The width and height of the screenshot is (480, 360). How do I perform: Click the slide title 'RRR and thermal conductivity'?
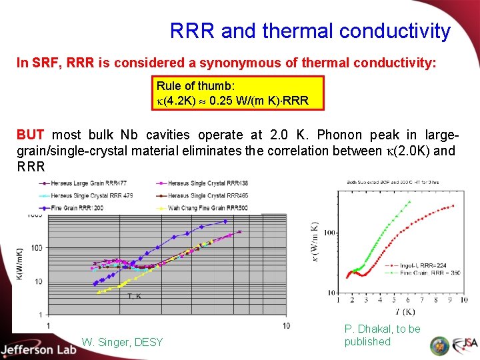tap(310, 31)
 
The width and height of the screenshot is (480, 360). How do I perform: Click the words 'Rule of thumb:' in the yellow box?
tap(195, 86)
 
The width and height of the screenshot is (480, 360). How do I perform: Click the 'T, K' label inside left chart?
tap(134, 297)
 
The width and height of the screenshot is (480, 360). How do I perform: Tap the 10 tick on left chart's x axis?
tap(286, 325)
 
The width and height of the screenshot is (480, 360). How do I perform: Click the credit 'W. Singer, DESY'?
tap(122, 342)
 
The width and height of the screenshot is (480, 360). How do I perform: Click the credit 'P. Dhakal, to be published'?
tap(382, 335)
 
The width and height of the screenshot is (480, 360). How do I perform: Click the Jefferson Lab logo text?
tap(37, 349)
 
